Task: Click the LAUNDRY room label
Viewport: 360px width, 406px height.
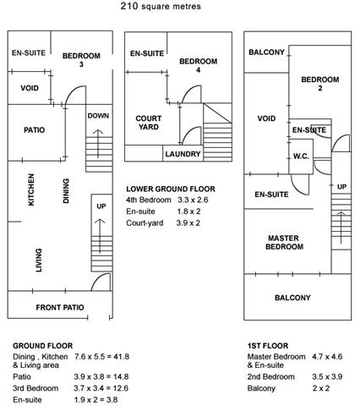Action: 183,154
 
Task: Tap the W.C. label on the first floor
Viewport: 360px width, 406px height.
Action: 301,156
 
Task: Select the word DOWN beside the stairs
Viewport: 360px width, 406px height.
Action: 98,116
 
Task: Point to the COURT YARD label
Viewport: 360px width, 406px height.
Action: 149,123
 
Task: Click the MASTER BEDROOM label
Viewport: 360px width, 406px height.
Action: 284,243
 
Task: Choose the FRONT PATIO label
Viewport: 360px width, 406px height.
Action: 60,307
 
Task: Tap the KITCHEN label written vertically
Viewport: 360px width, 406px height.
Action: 31,189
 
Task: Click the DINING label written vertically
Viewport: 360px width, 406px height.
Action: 66,190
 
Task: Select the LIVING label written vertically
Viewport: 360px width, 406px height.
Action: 39,260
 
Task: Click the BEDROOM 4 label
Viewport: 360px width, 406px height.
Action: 199,65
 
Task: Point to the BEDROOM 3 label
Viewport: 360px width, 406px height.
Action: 81,60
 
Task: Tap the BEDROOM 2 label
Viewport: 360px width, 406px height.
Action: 320,84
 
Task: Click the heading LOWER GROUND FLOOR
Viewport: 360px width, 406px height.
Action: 171,189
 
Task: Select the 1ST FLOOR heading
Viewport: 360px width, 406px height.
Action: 268,346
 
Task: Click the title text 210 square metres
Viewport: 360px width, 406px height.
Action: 161,6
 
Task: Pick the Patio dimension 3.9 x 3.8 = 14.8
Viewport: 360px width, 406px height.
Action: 101,376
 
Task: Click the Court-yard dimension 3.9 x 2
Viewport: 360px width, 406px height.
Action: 188,223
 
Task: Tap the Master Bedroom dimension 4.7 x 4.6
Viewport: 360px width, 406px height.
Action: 327,357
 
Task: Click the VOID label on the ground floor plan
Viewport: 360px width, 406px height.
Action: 30,88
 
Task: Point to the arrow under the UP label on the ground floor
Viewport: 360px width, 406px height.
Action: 100,236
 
